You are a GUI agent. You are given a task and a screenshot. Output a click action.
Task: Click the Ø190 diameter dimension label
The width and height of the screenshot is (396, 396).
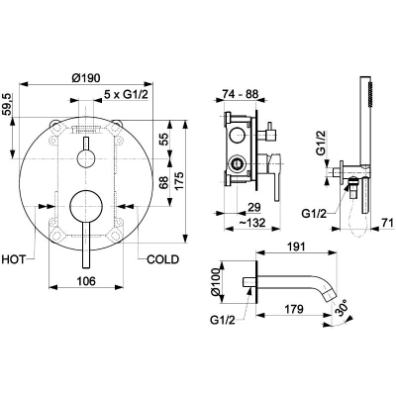(86, 78)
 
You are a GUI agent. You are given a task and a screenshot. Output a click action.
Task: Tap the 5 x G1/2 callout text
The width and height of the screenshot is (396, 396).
(126, 95)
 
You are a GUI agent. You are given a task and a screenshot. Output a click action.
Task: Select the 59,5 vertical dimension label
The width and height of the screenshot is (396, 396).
(7, 105)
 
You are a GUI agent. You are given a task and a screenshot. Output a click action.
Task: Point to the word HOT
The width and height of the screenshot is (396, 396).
(13, 259)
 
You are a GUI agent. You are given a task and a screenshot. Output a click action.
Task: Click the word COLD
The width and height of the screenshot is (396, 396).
(162, 259)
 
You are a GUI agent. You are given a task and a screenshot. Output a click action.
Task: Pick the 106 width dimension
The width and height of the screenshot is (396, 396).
(86, 281)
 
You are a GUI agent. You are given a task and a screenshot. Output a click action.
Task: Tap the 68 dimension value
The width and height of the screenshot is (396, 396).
(163, 182)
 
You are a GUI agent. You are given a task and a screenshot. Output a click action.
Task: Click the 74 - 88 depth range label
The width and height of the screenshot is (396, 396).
(240, 94)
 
